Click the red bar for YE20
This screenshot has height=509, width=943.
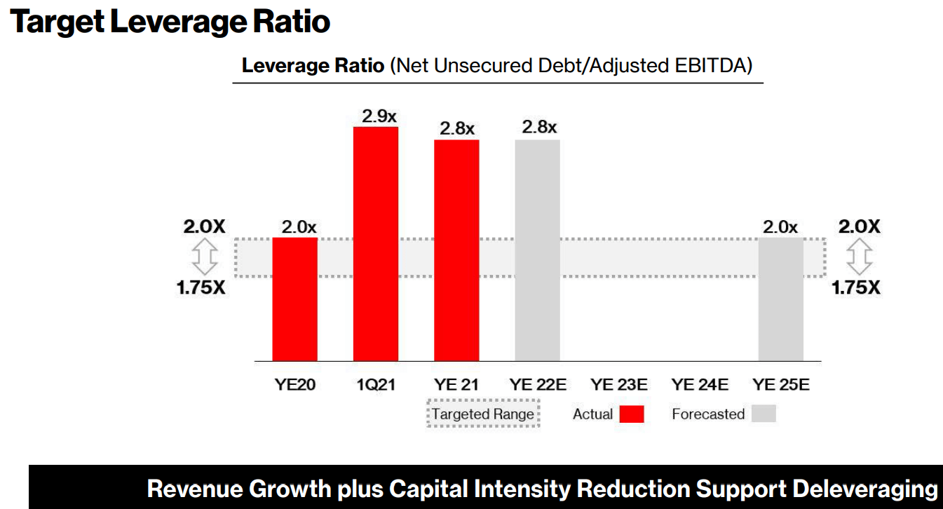pos(294,299)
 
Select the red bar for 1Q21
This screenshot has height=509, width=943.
pos(376,244)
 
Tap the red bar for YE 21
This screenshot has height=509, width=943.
pos(456,250)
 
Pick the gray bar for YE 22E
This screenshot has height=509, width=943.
pos(538,250)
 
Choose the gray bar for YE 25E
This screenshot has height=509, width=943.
pos(781,299)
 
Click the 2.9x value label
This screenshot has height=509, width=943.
pos(379,116)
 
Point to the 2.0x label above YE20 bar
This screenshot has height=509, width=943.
pos(299,227)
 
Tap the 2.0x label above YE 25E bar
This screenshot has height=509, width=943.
pos(780,227)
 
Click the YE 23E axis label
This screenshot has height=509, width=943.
pos(619,384)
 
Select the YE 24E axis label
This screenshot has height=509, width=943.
pos(700,384)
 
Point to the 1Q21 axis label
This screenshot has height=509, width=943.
pos(376,384)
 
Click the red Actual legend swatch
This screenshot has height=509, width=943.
pos(632,414)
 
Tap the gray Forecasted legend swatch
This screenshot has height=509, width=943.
pos(764,414)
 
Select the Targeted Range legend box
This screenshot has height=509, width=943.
pos(483,414)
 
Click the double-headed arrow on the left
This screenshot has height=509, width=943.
pos(205,257)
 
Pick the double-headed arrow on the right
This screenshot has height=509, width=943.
pos(860,257)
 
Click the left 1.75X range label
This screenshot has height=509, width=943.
pos(201,287)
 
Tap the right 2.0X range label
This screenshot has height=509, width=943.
pos(860,226)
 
